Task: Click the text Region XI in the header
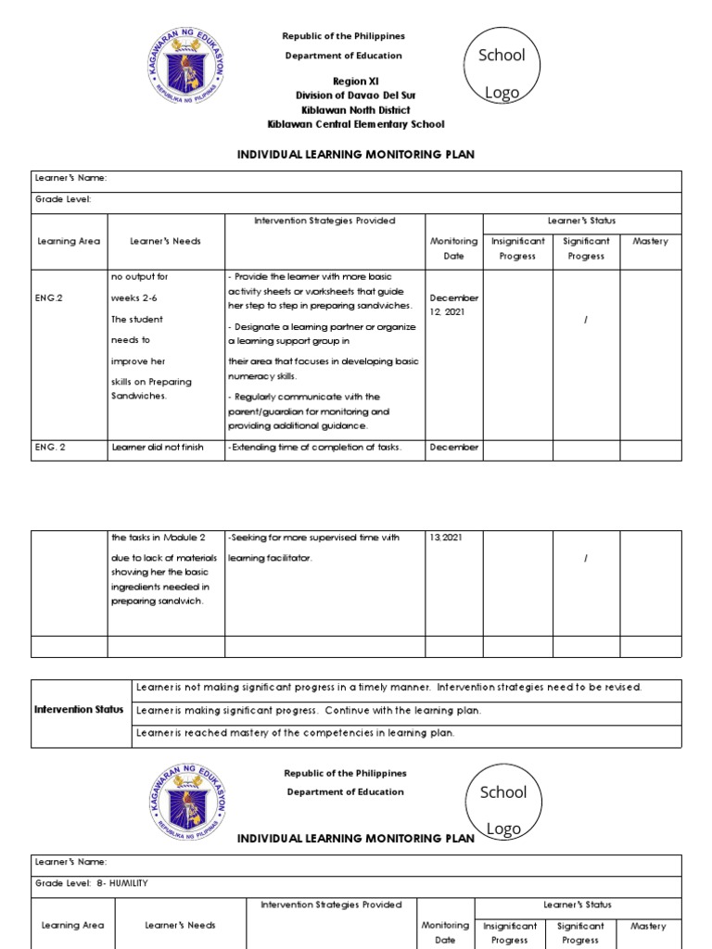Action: click(x=343, y=81)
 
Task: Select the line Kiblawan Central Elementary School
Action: click(x=355, y=124)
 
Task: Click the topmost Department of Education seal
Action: click(x=186, y=68)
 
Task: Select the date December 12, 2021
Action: click(x=453, y=305)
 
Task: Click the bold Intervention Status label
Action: click(x=79, y=710)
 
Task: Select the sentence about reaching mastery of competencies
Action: click(x=296, y=733)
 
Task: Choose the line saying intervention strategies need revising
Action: click(x=388, y=688)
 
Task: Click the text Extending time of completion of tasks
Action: click(x=315, y=448)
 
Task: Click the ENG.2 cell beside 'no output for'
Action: click(x=49, y=298)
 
